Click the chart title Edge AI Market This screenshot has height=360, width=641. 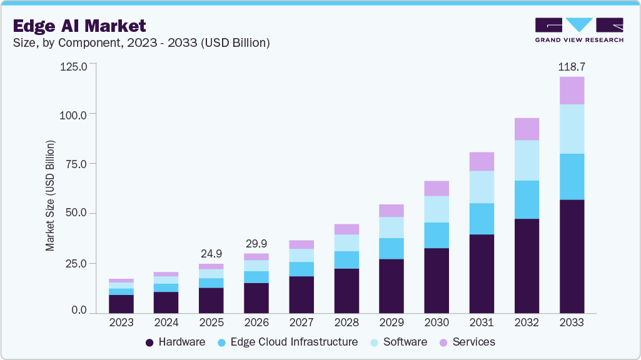coord(79,26)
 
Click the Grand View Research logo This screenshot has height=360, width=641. coord(578,30)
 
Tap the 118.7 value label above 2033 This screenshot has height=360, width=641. coord(571,66)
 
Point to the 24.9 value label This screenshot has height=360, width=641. coord(211,254)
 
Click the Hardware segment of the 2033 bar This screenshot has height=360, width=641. coord(572,256)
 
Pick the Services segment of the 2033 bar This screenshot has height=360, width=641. coord(572,91)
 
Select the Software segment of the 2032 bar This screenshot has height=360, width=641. coord(527,161)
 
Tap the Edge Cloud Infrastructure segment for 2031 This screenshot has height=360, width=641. coord(482,219)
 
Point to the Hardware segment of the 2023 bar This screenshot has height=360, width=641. coord(121,304)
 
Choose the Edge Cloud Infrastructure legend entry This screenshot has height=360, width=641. coord(288,342)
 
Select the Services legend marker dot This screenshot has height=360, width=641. coord(443,342)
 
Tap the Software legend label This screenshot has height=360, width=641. coord(406,342)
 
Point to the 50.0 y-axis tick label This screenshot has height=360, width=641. coord(78,213)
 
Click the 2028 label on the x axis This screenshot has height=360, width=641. coord(346,322)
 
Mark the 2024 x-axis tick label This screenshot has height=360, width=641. coord(166,322)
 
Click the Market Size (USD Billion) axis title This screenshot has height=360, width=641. coord(50,196)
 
